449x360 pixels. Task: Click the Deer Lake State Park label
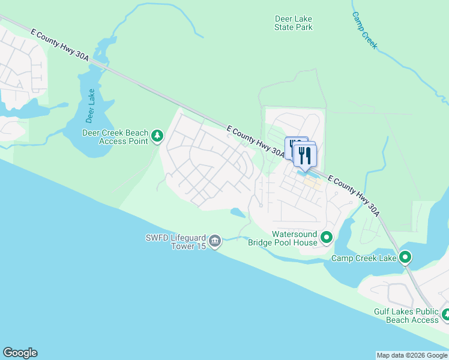point(294,23)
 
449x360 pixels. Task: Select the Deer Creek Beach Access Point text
point(114,137)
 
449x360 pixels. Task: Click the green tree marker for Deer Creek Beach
point(157,136)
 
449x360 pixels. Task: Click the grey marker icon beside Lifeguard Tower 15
point(215,241)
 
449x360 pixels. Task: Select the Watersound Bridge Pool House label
point(286,238)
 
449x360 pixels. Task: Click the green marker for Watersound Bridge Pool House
point(326,238)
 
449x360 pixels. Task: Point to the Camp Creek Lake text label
point(364,258)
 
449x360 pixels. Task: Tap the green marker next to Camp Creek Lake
point(405,258)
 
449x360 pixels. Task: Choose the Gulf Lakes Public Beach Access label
point(406,316)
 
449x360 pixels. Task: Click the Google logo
point(20,353)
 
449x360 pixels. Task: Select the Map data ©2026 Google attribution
point(412,355)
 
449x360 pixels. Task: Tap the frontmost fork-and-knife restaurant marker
point(305,155)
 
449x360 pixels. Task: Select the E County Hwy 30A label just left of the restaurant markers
point(256,141)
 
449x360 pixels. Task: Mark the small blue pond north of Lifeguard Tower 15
point(237,212)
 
